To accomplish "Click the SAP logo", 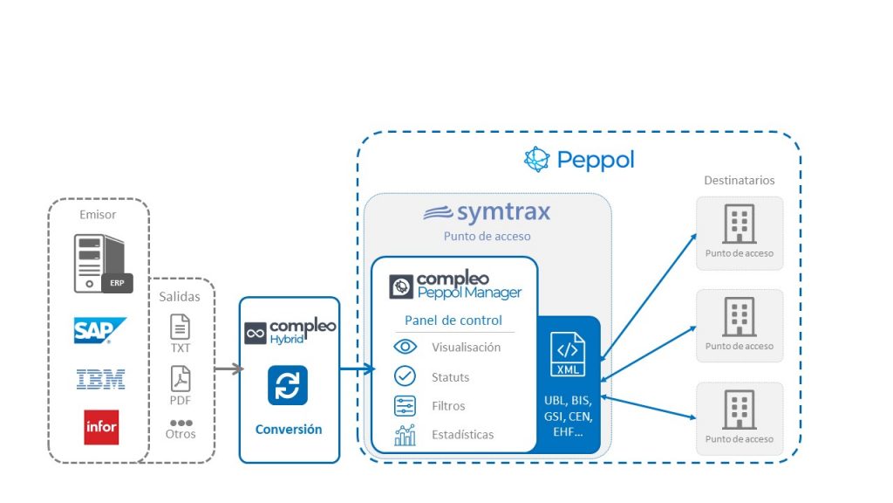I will click(99, 331).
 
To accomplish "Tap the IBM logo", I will click(100, 379).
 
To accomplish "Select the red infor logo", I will click(101, 427).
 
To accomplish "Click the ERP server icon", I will click(99, 263).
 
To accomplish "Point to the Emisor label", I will click(98, 214).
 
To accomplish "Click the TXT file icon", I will click(180, 327).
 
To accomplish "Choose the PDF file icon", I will click(180, 379).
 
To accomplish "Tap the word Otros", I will click(181, 434).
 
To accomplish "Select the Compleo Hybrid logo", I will click(290, 332).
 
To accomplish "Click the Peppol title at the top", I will click(579, 160).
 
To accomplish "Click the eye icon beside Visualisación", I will click(405, 347).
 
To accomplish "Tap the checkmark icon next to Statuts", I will click(405, 376).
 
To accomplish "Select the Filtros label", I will click(448, 406).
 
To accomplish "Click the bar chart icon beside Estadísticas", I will click(405, 435).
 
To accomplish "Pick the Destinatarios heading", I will click(739, 181).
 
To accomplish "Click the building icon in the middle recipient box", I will click(739, 317).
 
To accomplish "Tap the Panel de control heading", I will click(453, 320).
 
